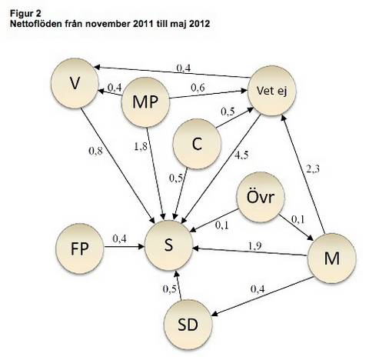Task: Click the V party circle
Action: [x=75, y=83]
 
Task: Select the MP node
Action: [x=145, y=102]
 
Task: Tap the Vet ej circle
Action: [x=272, y=91]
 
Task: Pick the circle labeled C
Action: [x=197, y=144]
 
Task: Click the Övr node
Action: [x=261, y=197]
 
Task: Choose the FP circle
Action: [x=80, y=248]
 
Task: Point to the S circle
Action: [x=168, y=245]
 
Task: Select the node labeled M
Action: [x=332, y=258]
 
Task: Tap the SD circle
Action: [x=188, y=325]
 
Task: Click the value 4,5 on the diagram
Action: [x=241, y=155]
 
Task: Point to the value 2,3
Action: [x=313, y=169]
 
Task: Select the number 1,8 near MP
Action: [x=141, y=146]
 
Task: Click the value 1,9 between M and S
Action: [x=255, y=245]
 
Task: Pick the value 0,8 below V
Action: [x=95, y=151]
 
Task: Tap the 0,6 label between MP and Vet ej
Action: [x=198, y=88]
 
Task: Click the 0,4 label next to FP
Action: [x=119, y=238]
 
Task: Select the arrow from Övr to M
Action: [x=296, y=228]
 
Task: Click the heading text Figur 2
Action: [x=25, y=13]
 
